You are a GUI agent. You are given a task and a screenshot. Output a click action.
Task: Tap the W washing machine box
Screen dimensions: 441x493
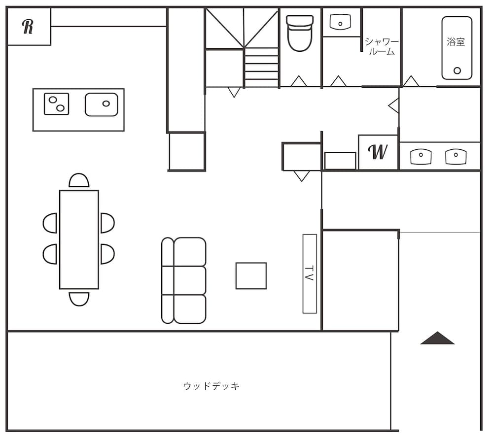378,152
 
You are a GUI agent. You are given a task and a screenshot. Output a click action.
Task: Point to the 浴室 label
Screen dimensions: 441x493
456,42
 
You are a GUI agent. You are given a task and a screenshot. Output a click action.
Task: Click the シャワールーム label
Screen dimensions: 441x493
382,46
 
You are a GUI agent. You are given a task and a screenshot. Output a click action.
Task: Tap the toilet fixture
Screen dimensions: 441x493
300,33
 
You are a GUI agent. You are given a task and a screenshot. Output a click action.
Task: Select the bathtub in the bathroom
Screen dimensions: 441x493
457,48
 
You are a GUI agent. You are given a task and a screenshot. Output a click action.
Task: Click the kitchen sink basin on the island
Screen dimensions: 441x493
101,104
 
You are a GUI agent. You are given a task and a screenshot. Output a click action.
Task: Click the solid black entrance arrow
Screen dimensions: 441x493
437,338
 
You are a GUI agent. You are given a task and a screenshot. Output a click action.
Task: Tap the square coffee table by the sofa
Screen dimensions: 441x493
251,275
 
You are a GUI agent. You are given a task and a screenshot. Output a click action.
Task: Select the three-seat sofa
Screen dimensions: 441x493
184,280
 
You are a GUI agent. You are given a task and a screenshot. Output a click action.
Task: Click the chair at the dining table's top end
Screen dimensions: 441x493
79,181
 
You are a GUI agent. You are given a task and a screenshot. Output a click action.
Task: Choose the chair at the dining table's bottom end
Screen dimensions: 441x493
79,298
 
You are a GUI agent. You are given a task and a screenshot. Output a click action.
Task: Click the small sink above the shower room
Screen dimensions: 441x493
340,22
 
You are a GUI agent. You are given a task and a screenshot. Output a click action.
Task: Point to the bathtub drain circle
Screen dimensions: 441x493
457,70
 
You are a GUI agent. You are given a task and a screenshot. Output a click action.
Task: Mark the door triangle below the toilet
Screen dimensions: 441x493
299,81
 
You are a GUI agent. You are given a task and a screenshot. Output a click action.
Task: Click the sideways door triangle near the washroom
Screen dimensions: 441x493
394,105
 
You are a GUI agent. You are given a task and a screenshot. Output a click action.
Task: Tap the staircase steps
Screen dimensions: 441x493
261,68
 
